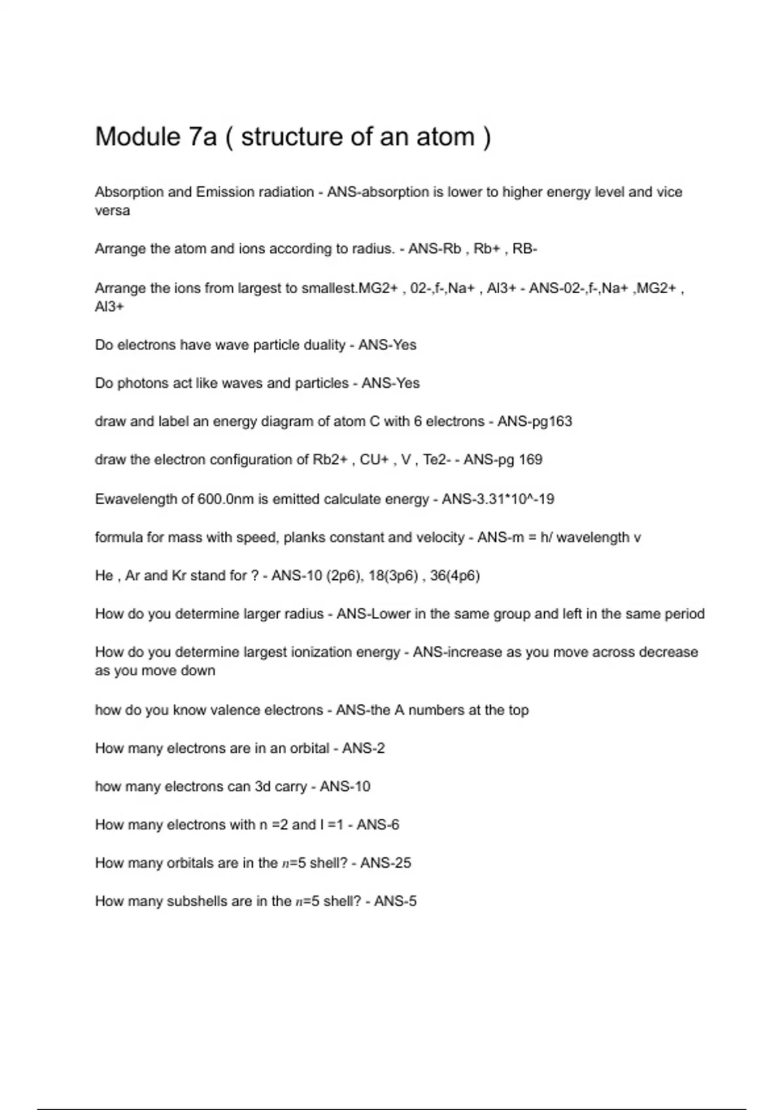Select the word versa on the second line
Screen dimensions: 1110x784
pyautogui.click(x=112, y=211)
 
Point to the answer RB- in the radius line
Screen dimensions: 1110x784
pyautogui.click(x=525, y=249)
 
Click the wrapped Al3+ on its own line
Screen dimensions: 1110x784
pyautogui.click(x=109, y=307)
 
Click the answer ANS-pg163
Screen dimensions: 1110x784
pyautogui.click(x=534, y=422)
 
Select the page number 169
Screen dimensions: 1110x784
pyautogui.click(x=531, y=460)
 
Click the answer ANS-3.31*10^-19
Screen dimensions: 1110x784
pyautogui.click(x=498, y=499)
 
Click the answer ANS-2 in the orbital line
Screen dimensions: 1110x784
pyautogui.click(x=363, y=748)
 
